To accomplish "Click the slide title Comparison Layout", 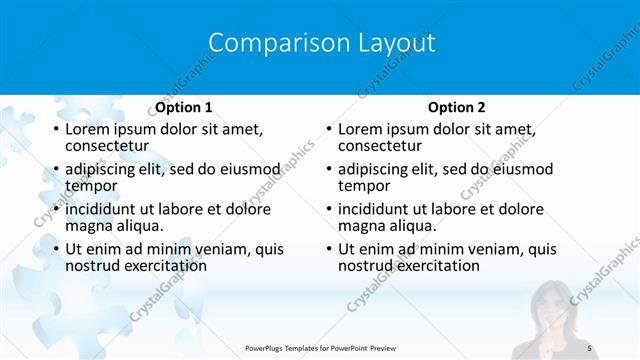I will click(x=321, y=43).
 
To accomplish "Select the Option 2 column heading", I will click(x=457, y=107).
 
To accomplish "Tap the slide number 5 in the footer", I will click(x=589, y=347).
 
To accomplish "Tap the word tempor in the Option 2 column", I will click(x=363, y=186).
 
